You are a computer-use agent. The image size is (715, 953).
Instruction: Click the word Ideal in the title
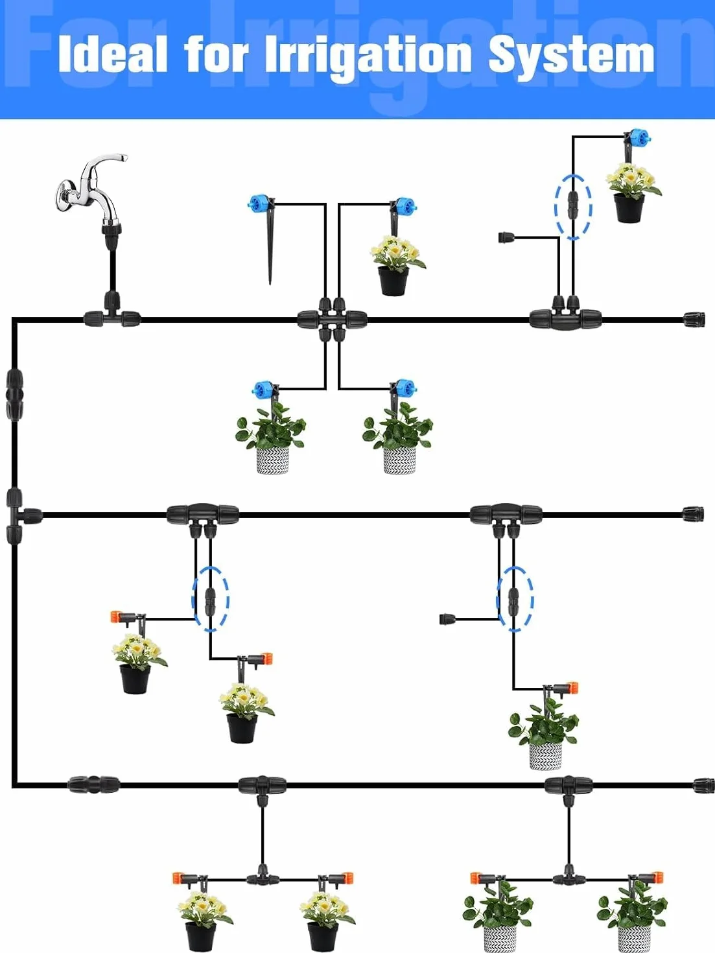click(x=113, y=54)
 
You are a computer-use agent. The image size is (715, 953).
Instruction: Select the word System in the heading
click(x=571, y=57)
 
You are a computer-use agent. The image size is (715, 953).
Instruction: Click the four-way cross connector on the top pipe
click(x=332, y=320)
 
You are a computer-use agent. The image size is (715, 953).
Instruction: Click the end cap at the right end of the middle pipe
click(x=694, y=515)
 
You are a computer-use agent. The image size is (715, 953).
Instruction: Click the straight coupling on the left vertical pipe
click(x=14, y=394)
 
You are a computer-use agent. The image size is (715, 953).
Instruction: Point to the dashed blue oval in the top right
click(x=574, y=207)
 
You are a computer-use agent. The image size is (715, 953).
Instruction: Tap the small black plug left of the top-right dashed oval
click(x=506, y=237)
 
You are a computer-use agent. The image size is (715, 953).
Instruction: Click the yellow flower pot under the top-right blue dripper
click(x=631, y=193)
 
